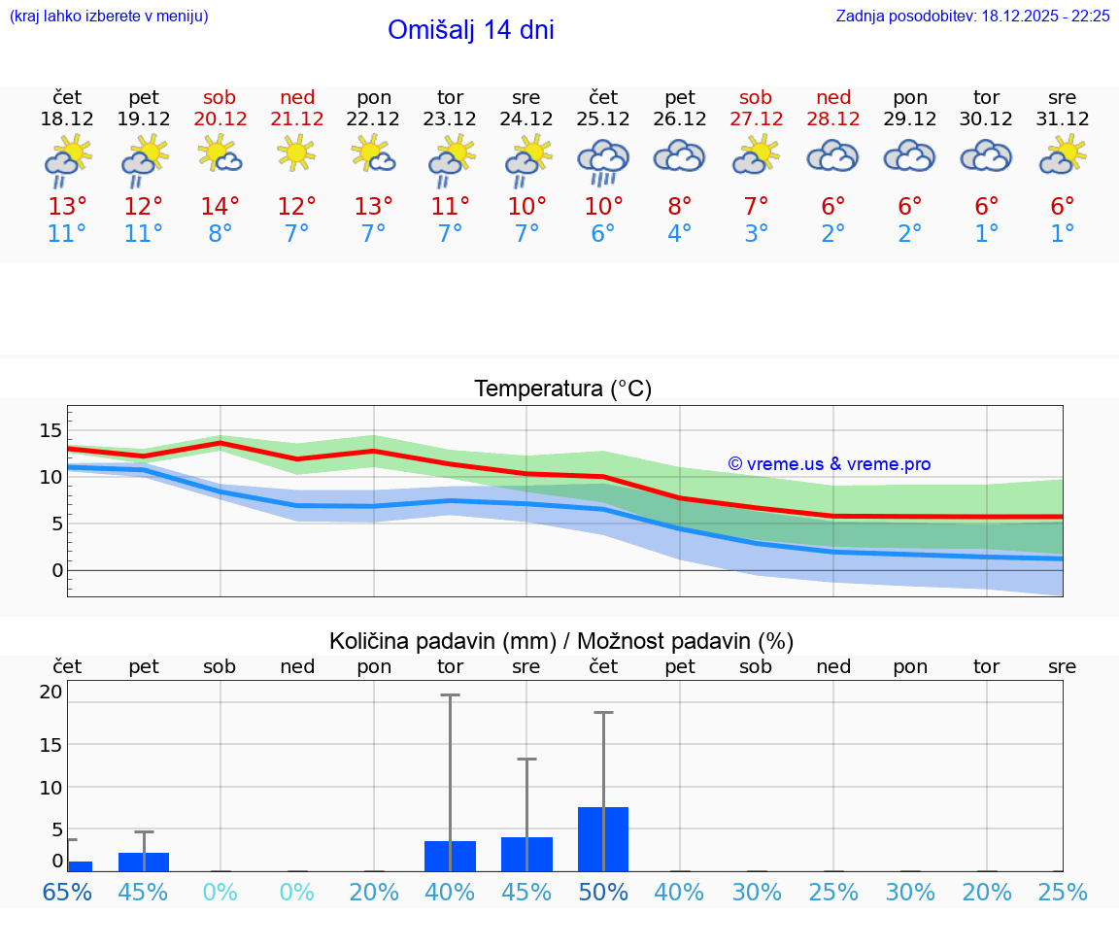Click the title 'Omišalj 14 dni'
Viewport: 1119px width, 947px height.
[x=470, y=30]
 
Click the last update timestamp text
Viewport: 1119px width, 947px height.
[x=972, y=17]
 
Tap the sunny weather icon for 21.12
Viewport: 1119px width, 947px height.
[x=296, y=152]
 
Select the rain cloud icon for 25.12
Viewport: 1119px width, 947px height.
[x=603, y=160]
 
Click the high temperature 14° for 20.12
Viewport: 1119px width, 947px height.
[x=220, y=207]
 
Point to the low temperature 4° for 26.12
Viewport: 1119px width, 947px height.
[x=679, y=234]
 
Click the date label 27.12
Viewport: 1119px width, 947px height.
[x=756, y=119]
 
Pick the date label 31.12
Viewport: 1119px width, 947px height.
[x=1063, y=119]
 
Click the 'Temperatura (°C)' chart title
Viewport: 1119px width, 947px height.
[x=562, y=389]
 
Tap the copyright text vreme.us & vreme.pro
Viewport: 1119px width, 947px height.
[x=830, y=464]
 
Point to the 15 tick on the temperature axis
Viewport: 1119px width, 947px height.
[x=51, y=430]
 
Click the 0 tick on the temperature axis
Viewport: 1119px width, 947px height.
[x=56, y=570]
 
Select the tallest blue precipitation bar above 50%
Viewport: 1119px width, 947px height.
[x=603, y=839]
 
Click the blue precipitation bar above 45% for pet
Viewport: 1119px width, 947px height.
[x=144, y=862]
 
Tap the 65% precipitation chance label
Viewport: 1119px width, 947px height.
[x=67, y=892]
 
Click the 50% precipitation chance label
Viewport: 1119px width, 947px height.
[x=603, y=892]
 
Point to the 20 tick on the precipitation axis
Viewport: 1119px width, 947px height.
[x=51, y=693]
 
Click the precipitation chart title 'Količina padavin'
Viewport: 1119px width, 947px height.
[x=561, y=641]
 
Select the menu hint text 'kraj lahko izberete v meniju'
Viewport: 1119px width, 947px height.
[x=108, y=17]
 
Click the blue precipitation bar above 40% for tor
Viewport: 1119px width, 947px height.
[x=450, y=856]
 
